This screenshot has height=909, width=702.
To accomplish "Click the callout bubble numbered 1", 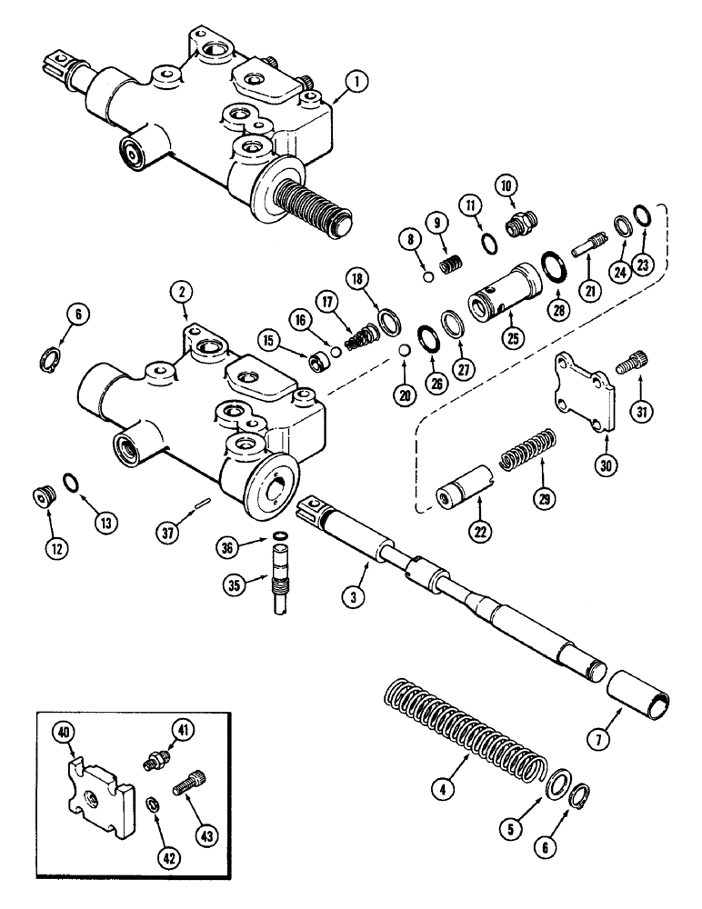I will point(359,82).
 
